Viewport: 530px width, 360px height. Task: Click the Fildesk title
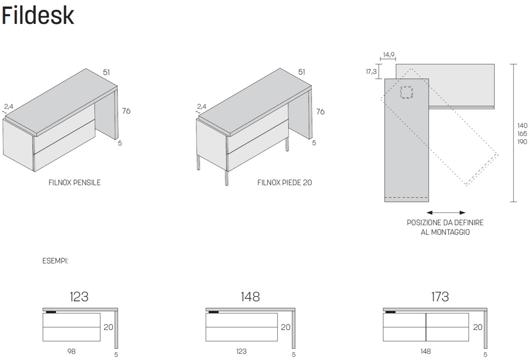39,15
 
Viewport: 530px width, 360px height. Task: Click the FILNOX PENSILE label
75,183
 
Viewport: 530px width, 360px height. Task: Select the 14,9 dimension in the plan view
388,55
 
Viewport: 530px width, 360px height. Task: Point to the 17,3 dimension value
371,72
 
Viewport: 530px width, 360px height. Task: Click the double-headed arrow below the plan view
446,212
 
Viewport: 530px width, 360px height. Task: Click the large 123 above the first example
79,296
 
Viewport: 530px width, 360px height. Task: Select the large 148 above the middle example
250,296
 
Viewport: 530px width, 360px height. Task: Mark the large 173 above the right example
440,296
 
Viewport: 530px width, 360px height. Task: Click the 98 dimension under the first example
72,352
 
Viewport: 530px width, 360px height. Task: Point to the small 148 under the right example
425,352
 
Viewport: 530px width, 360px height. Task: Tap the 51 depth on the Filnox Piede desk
302,72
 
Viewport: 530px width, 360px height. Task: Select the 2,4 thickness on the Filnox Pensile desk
9,107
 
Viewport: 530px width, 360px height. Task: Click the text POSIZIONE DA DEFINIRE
445,223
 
